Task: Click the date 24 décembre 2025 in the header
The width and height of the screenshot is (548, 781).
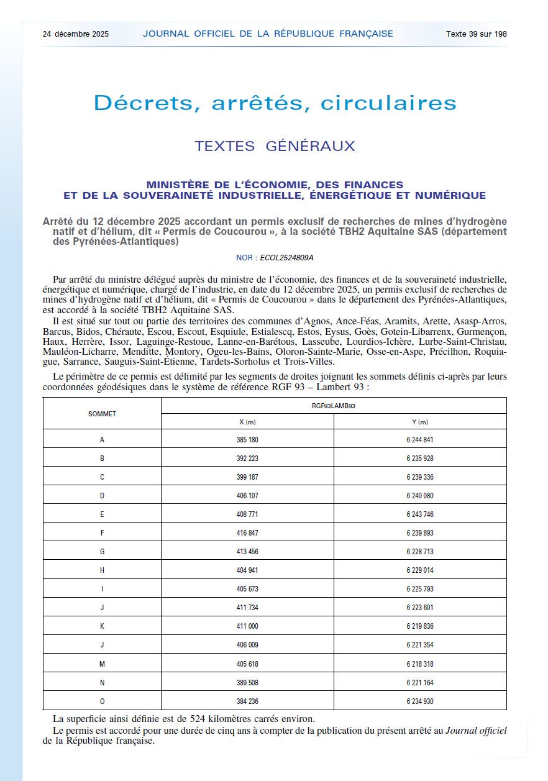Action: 75,34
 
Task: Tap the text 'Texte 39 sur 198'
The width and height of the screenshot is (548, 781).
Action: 476,34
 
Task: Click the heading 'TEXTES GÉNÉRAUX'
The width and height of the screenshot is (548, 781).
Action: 274,147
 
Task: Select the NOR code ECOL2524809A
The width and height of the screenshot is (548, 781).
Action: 294,257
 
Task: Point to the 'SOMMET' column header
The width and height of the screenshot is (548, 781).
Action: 102,414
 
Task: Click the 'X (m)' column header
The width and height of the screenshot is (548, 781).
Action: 247,422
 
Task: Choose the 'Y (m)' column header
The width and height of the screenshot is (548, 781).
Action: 419,422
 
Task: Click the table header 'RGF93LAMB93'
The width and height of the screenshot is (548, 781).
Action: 334,406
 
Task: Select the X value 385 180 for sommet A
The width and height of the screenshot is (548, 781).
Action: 247,440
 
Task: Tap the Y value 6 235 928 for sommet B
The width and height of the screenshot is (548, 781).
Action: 419,459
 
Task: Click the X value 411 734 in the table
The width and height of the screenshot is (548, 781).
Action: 247,608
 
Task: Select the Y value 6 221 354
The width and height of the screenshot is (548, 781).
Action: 419,646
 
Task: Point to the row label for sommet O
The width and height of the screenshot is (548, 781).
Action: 102,701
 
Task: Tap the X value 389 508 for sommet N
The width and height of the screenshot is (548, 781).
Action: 247,683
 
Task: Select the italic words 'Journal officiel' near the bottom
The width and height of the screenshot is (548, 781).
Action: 476,731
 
